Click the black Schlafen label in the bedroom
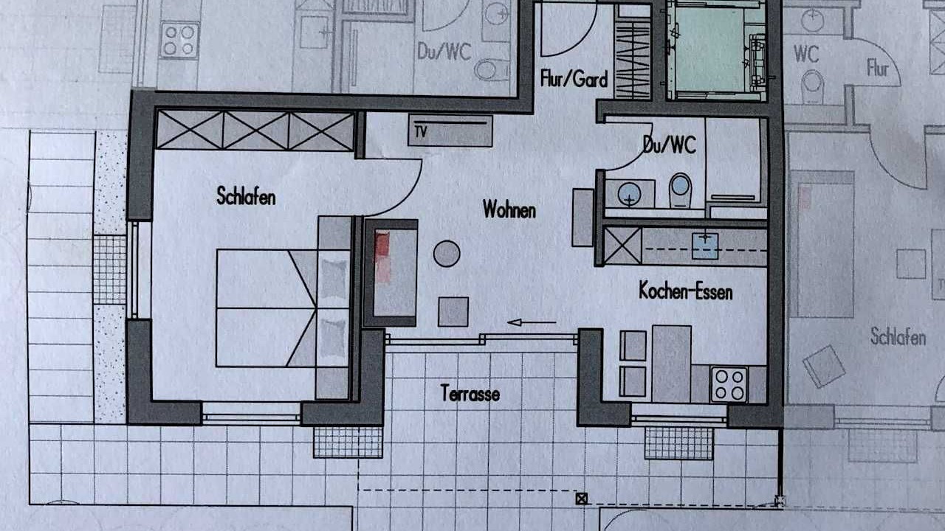(246, 196)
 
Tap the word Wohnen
(509, 209)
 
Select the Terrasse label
(470, 393)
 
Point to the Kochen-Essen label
(686, 291)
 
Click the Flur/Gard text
(574, 79)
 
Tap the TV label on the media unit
(421, 132)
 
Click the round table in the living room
(447, 253)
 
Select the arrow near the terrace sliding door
(532, 323)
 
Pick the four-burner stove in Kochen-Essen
(729, 385)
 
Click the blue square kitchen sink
(705, 246)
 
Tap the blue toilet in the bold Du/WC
(680, 190)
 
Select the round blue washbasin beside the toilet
(629, 195)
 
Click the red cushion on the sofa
(382, 243)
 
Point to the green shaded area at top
(709, 49)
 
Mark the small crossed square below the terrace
(581, 499)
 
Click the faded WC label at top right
(806, 54)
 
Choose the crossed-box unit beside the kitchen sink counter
(622, 246)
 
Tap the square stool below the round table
(453, 312)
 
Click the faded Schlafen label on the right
(898, 337)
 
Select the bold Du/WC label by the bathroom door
(669, 145)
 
